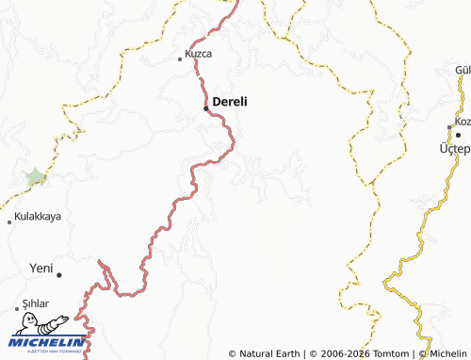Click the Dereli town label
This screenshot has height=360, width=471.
point(231,102)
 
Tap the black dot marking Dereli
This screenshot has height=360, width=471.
point(207,108)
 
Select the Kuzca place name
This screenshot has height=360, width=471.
point(199,54)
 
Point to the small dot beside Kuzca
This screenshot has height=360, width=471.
point(181,59)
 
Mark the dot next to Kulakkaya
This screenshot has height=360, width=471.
point(9,221)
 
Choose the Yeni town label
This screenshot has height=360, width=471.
point(41,267)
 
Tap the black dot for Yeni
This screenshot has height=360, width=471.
point(59,274)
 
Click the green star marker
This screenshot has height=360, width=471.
point(36,176)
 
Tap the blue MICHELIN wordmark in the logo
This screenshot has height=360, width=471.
point(49,341)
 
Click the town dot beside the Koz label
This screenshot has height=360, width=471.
point(449,127)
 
